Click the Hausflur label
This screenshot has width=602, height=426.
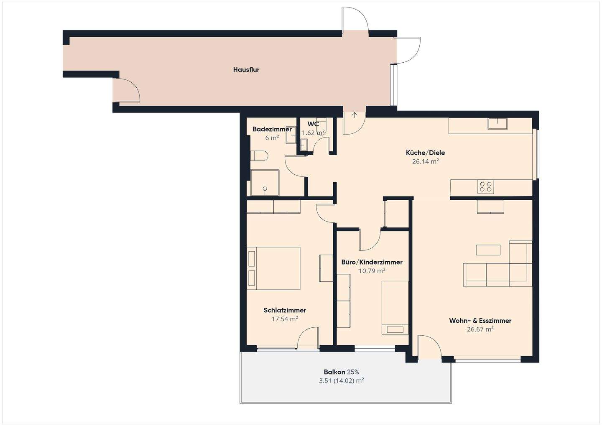[x=246, y=70]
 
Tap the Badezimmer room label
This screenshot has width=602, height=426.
[x=272, y=129]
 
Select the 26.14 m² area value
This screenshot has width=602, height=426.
[x=426, y=161]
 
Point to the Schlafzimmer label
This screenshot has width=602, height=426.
[x=285, y=311]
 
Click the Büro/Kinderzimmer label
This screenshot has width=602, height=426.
[x=372, y=262]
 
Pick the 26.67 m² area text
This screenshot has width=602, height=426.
[x=480, y=329]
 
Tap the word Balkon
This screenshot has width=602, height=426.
[x=334, y=372]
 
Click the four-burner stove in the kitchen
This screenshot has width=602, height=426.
[x=486, y=187]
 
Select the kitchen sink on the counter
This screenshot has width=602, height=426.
[x=497, y=123]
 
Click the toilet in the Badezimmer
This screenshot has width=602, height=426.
[x=259, y=156]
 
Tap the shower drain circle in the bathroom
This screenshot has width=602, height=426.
[x=265, y=189]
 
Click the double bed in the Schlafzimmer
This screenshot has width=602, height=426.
[x=273, y=268]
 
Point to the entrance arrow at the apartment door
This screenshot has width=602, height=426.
[x=355, y=115]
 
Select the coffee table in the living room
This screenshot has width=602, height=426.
[x=488, y=250]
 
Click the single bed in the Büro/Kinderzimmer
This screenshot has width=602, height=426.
[x=395, y=308]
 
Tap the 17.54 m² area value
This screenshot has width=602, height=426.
[x=285, y=319]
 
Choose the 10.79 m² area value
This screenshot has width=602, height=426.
[x=372, y=270]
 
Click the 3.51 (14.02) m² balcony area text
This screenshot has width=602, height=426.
[x=341, y=380]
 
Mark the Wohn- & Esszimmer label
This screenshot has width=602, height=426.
[x=480, y=321]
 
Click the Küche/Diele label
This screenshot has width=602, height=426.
[x=426, y=153]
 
